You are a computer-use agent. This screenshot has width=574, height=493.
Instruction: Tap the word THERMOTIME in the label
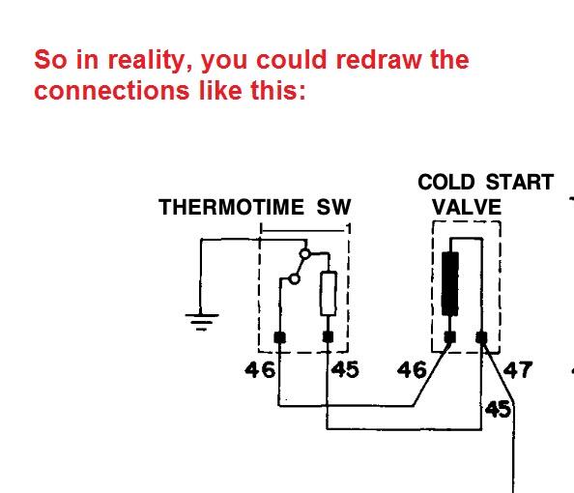point(231,207)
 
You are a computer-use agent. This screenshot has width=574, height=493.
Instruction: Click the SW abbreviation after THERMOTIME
point(333,207)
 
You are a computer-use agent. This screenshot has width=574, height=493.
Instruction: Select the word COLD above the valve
point(445,182)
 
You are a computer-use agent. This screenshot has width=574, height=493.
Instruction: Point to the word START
point(520,182)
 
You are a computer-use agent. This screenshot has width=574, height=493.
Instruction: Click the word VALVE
point(467,207)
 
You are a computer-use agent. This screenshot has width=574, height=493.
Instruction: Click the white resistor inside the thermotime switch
point(329,293)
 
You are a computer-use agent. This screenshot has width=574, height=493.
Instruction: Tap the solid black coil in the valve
point(450,283)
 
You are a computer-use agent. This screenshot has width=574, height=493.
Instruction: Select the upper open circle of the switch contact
point(305,253)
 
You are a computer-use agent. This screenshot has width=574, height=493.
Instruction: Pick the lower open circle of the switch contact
point(295,279)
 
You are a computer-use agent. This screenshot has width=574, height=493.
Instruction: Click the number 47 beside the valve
point(517,370)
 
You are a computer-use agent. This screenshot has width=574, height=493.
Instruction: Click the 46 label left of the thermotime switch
point(260,370)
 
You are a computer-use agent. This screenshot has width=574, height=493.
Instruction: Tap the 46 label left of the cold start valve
point(412,370)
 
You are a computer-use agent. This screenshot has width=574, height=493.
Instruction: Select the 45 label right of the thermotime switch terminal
point(345,370)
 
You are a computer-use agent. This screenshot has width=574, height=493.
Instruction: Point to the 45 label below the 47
point(498,409)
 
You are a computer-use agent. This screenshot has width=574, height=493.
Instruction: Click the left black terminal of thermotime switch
point(280,337)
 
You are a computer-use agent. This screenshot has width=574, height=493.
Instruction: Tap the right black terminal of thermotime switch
point(328,337)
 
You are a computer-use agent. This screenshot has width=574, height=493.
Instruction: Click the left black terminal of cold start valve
point(450,337)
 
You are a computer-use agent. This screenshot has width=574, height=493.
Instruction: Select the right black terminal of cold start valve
point(482,337)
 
